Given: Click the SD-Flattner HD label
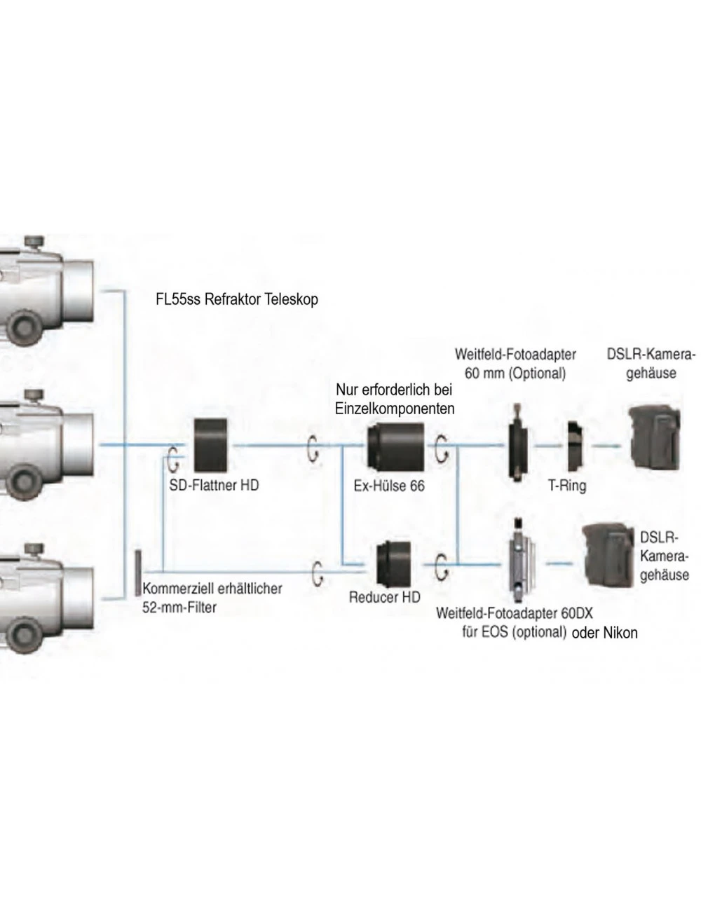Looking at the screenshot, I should pyautogui.click(x=213, y=484).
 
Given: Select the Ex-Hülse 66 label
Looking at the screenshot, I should pyautogui.click(x=389, y=485).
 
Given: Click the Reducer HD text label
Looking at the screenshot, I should pyautogui.click(x=385, y=598).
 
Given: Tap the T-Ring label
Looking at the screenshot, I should pyautogui.click(x=567, y=485).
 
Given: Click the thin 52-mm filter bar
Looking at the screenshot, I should pyautogui.click(x=138, y=573).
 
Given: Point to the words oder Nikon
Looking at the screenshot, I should pyautogui.click(x=605, y=633).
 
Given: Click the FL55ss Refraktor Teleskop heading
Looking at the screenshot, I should pyautogui.click(x=237, y=299).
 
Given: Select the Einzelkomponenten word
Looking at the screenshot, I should pyautogui.click(x=395, y=407).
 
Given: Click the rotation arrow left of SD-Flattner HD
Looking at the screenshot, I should pyautogui.click(x=172, y=459).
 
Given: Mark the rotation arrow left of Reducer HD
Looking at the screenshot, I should pyautogui.click(x=318, y=571).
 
